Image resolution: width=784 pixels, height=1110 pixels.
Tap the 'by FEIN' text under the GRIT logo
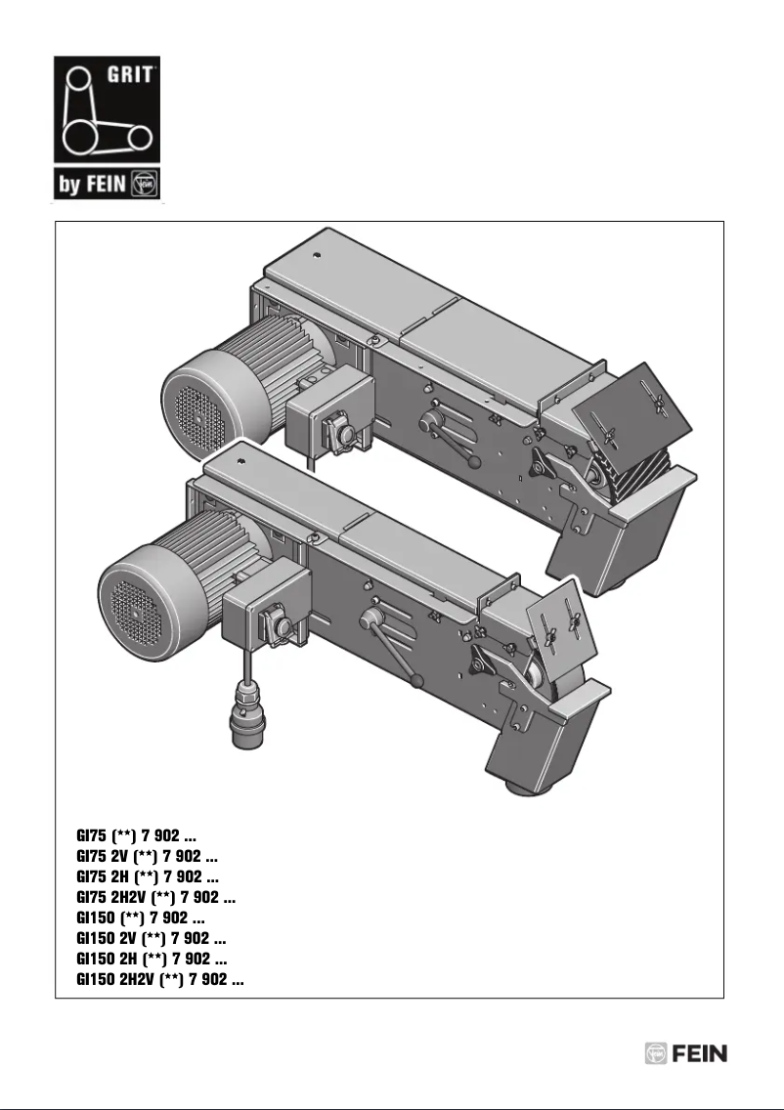pyautogui.click(x=93, y=186)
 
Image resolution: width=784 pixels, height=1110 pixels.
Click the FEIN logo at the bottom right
pyautogui.click(x=686, y=1054)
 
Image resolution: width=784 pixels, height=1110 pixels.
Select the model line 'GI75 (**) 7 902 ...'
pyautogui.click(x=138, y=837)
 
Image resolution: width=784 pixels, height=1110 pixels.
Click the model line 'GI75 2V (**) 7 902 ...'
pyautogui.click(x=147, y=857)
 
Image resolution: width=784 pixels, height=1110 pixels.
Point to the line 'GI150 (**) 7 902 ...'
pyautogui.click(x=141, y=918)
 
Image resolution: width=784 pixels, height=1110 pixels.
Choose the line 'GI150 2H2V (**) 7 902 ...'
pyautogui.click(x=160, y=979)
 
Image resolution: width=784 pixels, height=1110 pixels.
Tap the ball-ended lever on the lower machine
pyautogui.click(x=391, y=645)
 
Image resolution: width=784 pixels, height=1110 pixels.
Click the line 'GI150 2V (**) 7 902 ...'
pyautogui.click(x=151, y=939)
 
